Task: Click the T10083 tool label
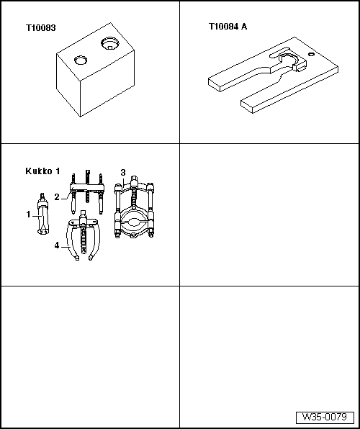pyautogui.click(x=41, y=28)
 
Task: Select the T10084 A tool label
pyautogui.click(x=228, y=27)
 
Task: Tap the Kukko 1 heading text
pyautogui.click(x=42, y=171)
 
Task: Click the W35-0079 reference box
pyautogui.click(x=325, y=417)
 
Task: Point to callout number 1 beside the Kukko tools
pyautogui.click(x=29, y=214)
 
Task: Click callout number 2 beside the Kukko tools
pyautogui.click(x=57, y=197)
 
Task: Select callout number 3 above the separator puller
pyautogui.click(x=123, y=173)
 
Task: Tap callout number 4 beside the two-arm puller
pyautogui.click(x=57, y=245)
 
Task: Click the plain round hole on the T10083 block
pyautogui.click(x=81, y=60)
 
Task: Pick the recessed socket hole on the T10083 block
pyautogui.click(x=109, y=44)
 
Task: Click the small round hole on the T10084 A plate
pyautogui.click(x=311, y=54)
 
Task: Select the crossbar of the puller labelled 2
pyautogui.click(x=87, y=187)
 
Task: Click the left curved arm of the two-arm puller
pyautogui.click(x=71, y=240)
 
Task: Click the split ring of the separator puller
pyautogui.click(x=134, y=222)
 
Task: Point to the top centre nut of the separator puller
pyautogui.click(x=134, y=181)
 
